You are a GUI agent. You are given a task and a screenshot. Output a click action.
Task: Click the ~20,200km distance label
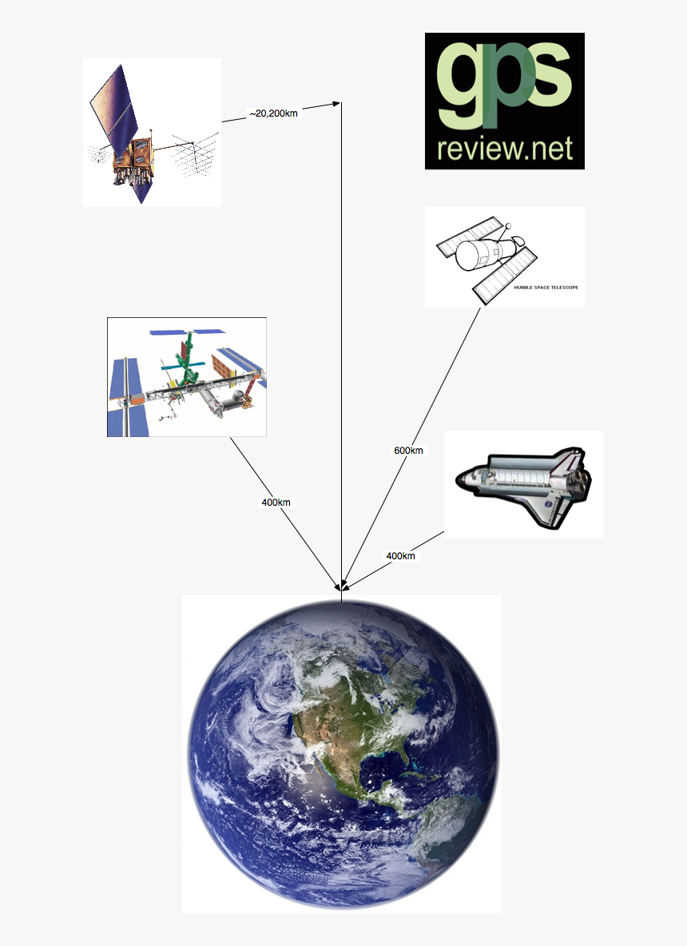point(273,113)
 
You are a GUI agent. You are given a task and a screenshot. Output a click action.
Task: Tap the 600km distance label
point(408,451)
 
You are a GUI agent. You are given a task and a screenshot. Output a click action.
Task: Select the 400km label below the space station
point(276,502)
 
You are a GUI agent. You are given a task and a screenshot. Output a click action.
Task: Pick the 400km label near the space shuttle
point(400,556)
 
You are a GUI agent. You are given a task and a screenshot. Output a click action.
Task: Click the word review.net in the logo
point(505,149)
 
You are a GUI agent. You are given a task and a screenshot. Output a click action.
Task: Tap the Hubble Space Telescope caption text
point(546,288)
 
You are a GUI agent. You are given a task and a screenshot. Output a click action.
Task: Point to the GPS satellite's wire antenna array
point(194,154)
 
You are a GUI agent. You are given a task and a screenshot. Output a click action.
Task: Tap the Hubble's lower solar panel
point(505,276)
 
